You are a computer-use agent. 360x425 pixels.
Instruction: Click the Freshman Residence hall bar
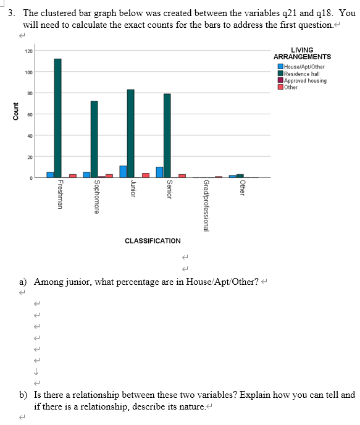pyautogui.click(x=57, y=118)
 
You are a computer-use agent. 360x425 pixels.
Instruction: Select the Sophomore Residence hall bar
pyautogui.click(x=94, y=139)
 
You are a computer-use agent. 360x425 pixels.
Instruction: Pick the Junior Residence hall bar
pyautogui.click(x=131, y=133)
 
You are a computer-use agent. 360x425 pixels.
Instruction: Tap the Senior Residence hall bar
pyautogui.click(x=167, y=135)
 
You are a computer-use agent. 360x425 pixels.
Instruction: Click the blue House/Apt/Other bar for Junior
pyautogui.click(x=123, y=171)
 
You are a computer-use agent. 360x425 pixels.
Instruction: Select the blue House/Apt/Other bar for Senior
pyautogui.click(x=159, y=172)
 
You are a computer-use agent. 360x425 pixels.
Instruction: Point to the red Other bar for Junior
pyautogui.click(x=146, y=175)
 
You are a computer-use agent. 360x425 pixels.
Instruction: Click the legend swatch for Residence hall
pyautogui.click(x=281, y=74)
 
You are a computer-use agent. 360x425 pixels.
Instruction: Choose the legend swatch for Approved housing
pyautogui.click(x=281, y=80)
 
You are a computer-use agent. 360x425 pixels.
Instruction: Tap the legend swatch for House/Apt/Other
pyautogui.click(x=281, y=67)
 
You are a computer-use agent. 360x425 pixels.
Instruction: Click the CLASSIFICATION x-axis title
pyautogui.click(x=153, y=240)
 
